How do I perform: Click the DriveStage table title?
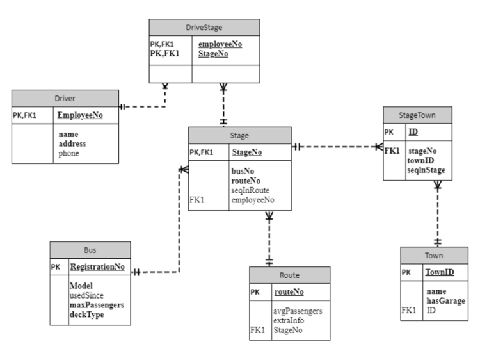pyautogui.click(x=204, y=28)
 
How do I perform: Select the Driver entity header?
pyautogui.click(x=65, y=99)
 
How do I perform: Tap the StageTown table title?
pyautogui.click(x=417, y=115)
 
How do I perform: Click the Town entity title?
pyautogui.click(x=434, y=256)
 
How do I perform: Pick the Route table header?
pyautogui.click(x=289, y=275)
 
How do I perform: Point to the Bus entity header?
pyautogui.click(x=90, y=250)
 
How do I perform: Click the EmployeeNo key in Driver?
pyautogui.click(x=80, y=115)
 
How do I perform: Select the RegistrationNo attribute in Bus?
pyautogui.click(x=97, y=267)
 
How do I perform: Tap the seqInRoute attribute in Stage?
pyautogui.click(x=250, y=190)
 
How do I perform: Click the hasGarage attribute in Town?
pyautogui.click(x=445, y=301)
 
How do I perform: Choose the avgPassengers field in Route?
pyautogui.click(x=298, y=311)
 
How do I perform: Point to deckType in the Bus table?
pyautogui.click(x=86, y=315)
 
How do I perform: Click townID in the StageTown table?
pyautogui.click(x=420, y=161)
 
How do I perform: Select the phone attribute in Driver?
pyautogui.click(x=68, y=153)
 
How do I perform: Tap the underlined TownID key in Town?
pyautogui.click(x=440, y=272)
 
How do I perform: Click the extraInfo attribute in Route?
pyautogui.click(x=289, y=320)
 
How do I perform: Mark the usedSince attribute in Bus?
pyautogui.click(x=86, y=295)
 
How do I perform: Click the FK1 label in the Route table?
pyautogui.click(x=257, y=330)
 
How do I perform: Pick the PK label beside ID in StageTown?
pyautogui.click(x=388, y=132)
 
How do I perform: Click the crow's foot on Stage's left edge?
pyautogui.click(x=184, y=169)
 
